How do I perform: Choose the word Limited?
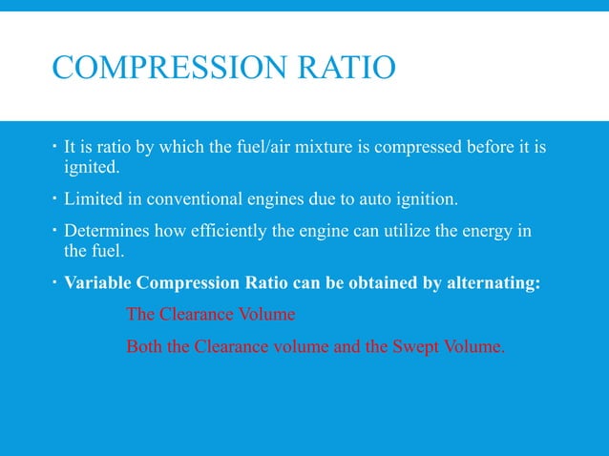[x=94, y=199]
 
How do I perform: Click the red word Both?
[x=143, y=346]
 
